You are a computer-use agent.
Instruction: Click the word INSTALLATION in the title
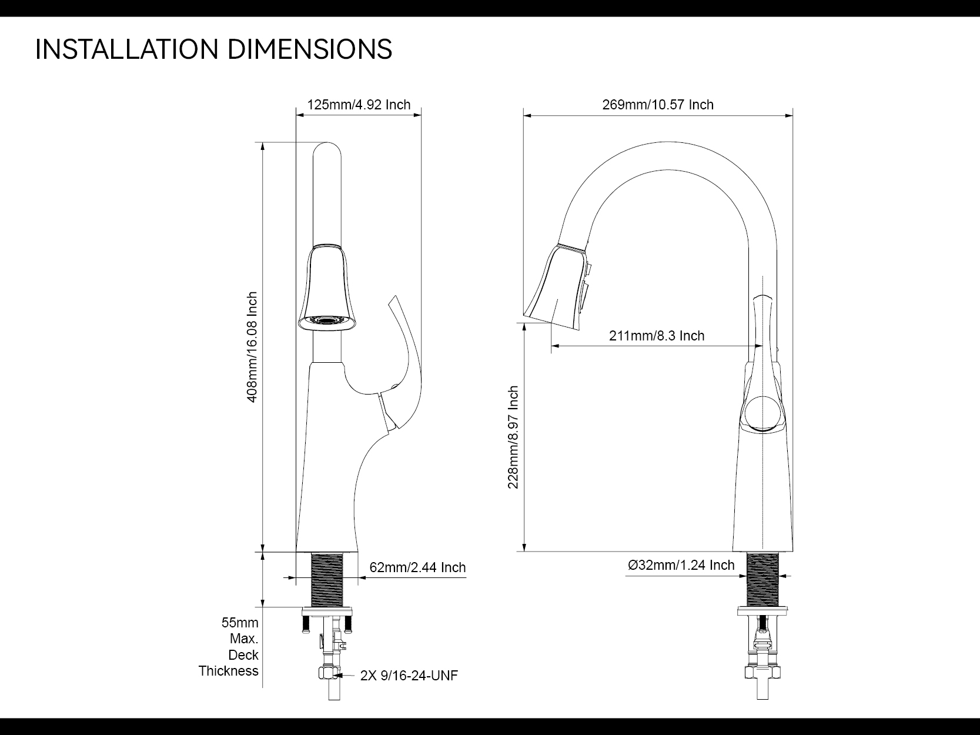tap(127, 49)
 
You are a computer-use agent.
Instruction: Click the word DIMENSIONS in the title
tap(309, 49)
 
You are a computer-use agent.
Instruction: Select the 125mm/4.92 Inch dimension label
tap(359, 105)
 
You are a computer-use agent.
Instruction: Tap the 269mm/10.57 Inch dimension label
tap(658, 105)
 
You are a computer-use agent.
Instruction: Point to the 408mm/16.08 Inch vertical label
tap(252, 347)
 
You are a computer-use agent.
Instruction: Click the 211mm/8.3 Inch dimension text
tap(657, 336)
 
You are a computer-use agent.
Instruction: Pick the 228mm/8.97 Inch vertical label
tap(514, 437)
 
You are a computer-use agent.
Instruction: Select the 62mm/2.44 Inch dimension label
tap(417, 567)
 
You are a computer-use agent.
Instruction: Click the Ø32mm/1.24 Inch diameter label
tap(681, 565)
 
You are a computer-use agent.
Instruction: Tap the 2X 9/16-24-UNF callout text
tap(409, 676)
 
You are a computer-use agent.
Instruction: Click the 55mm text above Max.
tap(240, 623)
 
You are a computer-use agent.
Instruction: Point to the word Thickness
tap(228, 671)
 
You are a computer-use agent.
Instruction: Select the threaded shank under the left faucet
tap(327, 577)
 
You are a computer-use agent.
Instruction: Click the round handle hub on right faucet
tap(762, 414)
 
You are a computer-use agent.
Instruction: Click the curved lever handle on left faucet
tap(406, 353)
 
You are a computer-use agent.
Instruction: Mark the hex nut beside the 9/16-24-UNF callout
tap(327, 673)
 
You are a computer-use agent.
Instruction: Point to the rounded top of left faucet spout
tap(327, 151)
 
